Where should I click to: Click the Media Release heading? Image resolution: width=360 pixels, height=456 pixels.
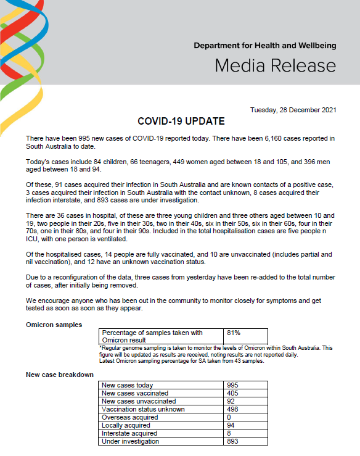tap(275, 66)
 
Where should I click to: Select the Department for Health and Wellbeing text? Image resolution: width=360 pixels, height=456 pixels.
tap(264, 46)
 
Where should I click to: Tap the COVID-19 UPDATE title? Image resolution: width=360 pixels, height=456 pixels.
tap(181, 122)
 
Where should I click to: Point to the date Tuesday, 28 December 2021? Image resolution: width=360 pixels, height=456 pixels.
tap(293, 110)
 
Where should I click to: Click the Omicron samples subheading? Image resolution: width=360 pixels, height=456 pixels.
tap(54, 325)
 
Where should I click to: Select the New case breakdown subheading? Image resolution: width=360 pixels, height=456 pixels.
tap(60, 375)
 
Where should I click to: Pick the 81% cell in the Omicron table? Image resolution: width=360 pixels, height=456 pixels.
tap(234, 333)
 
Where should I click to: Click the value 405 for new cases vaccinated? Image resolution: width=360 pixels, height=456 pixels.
tap(233, 393)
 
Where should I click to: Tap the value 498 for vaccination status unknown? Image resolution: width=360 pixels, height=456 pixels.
tap(233, 409)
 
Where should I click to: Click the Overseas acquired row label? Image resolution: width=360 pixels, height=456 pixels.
tap(129, 417)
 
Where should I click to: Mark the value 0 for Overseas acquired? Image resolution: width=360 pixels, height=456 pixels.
tap(229, 417)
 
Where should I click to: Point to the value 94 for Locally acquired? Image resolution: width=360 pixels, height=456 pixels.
tap(231, 425)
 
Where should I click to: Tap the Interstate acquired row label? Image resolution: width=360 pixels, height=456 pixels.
tap(129, 433)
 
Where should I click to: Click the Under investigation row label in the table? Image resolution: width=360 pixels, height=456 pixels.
tap(130, 441)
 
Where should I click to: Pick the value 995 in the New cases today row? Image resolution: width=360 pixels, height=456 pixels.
tap(233, 385)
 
